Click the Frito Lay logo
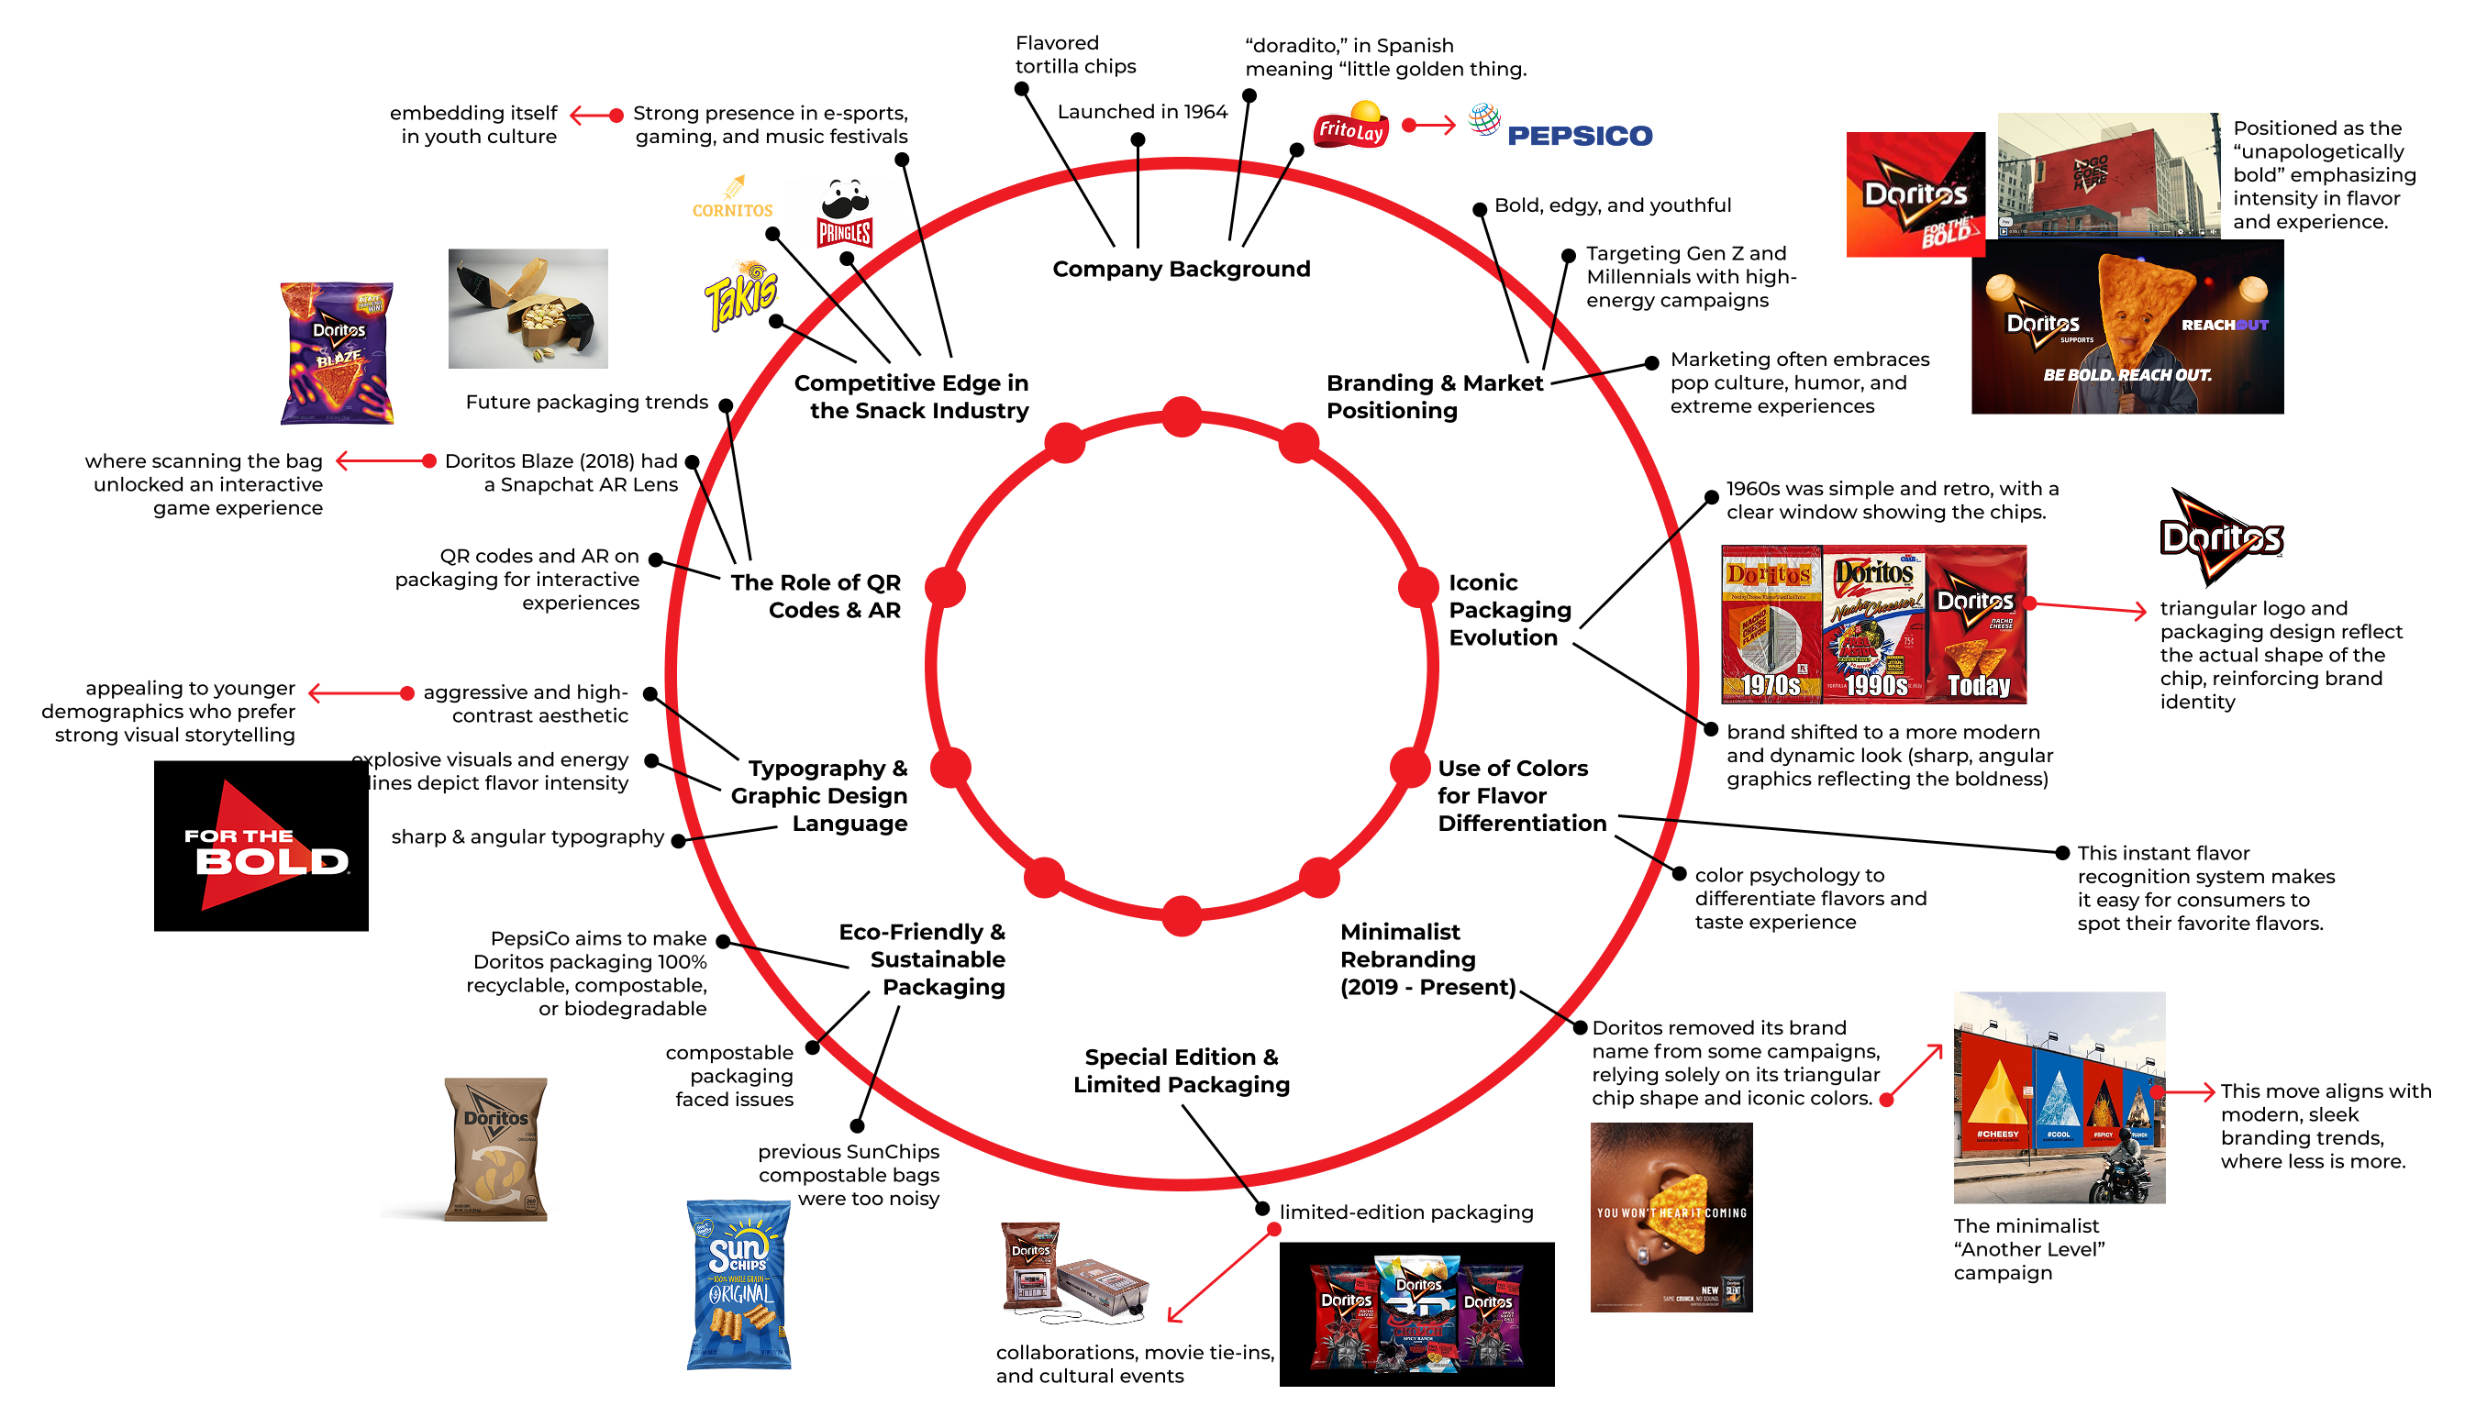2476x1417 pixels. [1351, 126]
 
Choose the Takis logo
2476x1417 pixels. [741, 293]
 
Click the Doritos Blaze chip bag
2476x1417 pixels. [337, 353]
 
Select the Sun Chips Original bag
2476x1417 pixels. [738, 1285]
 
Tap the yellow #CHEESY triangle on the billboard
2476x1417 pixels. [1997, 1095]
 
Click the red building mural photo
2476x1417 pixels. [2108, 175]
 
